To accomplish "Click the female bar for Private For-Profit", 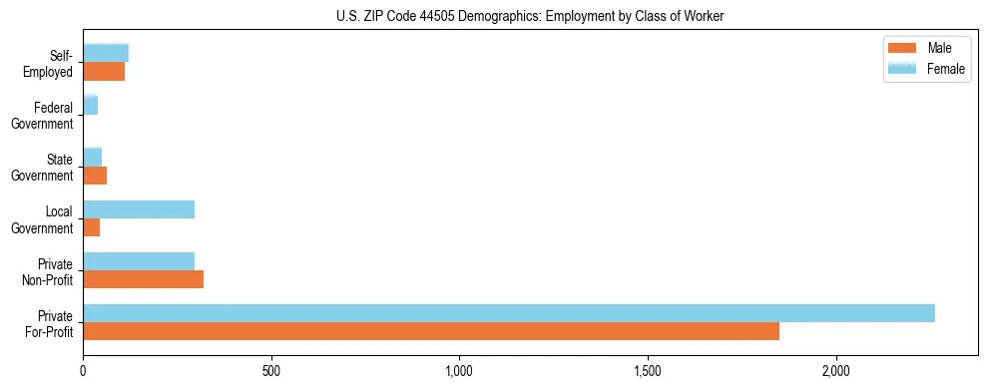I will pyautogui.click(x=509, y=313).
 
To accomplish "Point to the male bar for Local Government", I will pyautogui.click(x=92, y=227).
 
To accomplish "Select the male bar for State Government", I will pyautogui.click(x=95, y=176).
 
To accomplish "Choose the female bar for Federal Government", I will pyautogui.click(x=91, y=106).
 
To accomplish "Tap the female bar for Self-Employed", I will pyautogui.click(x=106, y=54).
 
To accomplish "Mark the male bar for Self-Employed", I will pyautogui.click(x=104, y=72).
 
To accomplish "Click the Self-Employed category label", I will pyautogui.click(x=52, y=63).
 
